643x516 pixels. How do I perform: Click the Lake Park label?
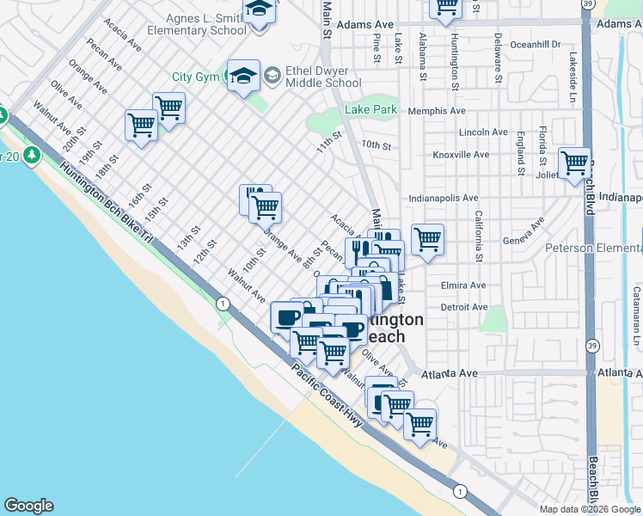tap(370, 109)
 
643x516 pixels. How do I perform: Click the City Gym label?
tap(196, 77)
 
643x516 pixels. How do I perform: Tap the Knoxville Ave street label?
tap(462, 155)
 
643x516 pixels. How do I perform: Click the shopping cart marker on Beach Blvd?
tap(574, 163)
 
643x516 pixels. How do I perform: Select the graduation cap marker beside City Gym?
tap(243, 76)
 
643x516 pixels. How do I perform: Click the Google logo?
tap(29, 506)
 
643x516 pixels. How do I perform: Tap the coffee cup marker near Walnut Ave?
tap(286, 317)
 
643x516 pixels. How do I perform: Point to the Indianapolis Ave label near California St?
tap(444, 198)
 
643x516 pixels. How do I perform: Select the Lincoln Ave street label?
tap(483, 132)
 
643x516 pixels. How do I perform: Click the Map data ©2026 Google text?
tap(590, 509)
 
